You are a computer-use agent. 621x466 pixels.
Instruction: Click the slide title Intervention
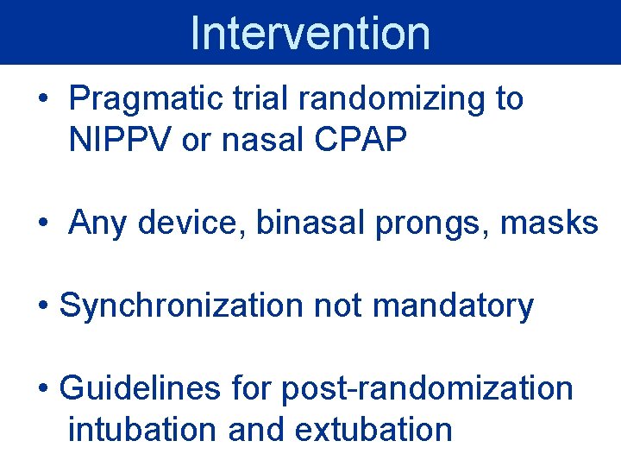coord(310,33)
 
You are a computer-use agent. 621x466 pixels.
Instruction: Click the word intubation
coord(143,429)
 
